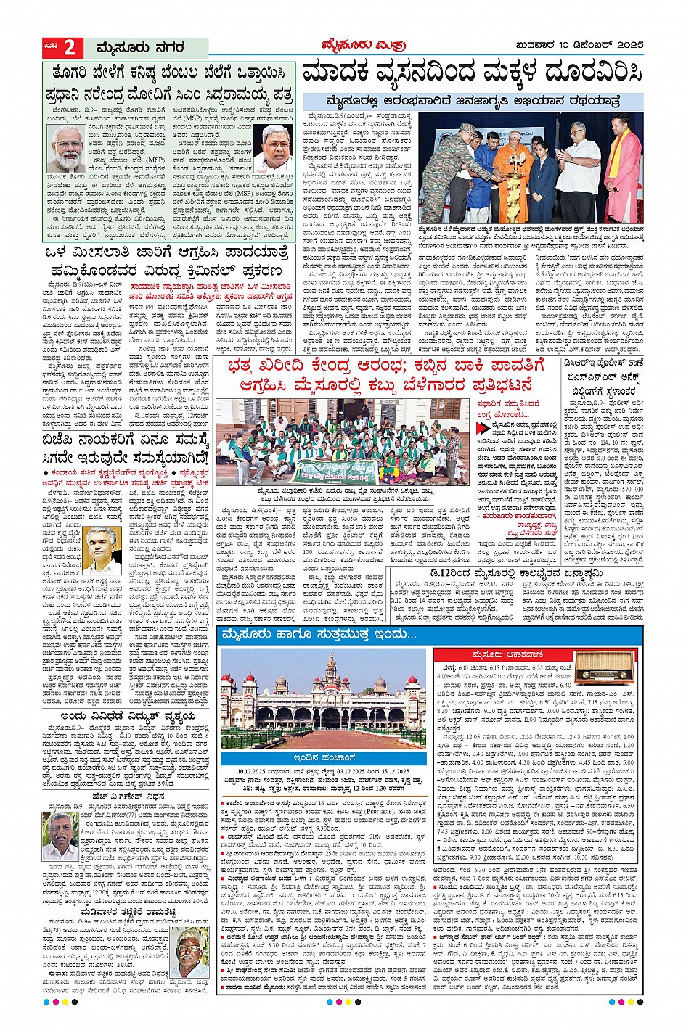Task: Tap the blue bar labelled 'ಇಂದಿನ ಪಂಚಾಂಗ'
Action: pyautogui.click(x=323, y=757)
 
